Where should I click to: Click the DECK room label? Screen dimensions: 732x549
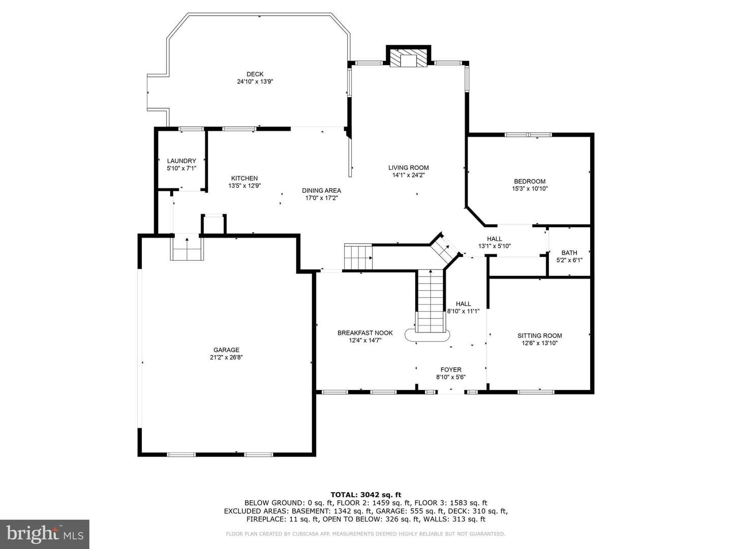click(x=255, y=74)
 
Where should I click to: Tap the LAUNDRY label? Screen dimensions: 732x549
click(x=181, y=161)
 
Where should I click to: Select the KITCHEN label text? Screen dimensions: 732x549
click(x=245, y=178)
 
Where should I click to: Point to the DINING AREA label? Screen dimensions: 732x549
click(x=321, y=191)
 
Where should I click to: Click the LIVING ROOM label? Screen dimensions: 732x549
click(x=409, y=168)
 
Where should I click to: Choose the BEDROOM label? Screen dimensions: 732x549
click(x=530, y=181)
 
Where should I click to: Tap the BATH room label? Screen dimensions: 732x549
click(x=569, y=253)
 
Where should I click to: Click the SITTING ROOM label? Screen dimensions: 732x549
click(x=539, y=335)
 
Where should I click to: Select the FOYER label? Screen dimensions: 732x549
click(x=451, y=370)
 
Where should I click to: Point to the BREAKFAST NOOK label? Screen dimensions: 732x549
click(x=365, y=332)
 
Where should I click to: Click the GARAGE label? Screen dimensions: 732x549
click(x=226, y=350)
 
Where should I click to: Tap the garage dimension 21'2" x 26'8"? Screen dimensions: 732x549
click(x=226, y=357)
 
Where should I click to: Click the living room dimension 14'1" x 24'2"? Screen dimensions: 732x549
click(x=409, y=175)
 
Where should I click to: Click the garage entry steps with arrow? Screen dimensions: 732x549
click(x=187, y=247)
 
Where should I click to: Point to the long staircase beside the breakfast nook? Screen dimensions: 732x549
click(x=431, y=301)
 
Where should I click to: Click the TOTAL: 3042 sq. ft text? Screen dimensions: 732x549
click(x=366, y=495)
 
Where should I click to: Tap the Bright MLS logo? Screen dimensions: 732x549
click(x=45, y=534)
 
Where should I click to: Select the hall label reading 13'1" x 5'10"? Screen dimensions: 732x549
click(x=494, y=247)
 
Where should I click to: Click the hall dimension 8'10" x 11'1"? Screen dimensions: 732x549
click(x=463, y=311)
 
